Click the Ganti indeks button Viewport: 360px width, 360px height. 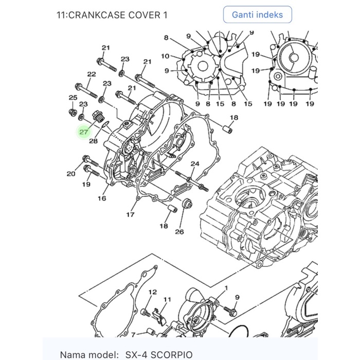coord(257,14)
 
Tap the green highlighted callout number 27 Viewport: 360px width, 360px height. coord(84,132)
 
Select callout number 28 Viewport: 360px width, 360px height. coord(93,140)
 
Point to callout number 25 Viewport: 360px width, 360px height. coord(73,98)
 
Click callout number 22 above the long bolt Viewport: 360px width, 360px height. coord(91,75)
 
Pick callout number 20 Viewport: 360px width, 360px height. coord(71,174)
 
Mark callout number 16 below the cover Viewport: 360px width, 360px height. coord(102,199)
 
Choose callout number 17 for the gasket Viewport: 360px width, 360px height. coord(131,214)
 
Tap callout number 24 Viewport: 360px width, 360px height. coord(195,164)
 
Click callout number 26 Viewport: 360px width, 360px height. coord(179,231)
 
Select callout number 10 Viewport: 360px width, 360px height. coord(165,56)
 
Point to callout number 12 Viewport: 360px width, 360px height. coord(152,292)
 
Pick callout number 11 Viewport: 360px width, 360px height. coord(167,299)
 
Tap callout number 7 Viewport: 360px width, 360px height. coord(133,335)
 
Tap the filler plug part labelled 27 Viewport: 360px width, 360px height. coord(96,115)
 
